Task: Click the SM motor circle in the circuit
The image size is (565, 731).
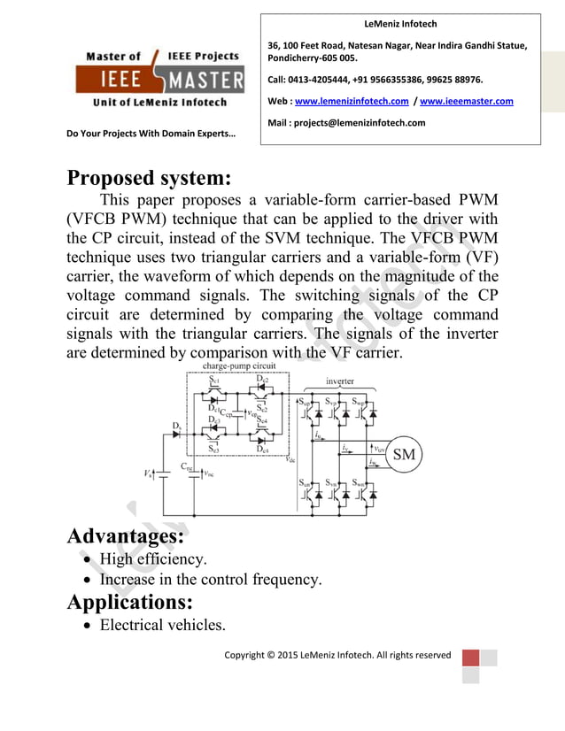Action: (x=404, y=455)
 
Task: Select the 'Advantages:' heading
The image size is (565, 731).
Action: (x=126, y=536)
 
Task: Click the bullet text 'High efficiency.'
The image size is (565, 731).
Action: (x=153, y=559)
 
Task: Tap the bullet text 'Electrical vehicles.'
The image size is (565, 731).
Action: (x=162, y=626)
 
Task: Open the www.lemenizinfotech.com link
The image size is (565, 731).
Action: (x=351, y=102)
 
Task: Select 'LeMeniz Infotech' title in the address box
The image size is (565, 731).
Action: (x=401, y=24)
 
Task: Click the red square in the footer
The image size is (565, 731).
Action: (x=470, y=658)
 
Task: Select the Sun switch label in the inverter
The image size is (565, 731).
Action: (x=304, y=482)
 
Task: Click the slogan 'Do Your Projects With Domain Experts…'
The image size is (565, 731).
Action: (x=151, y=135)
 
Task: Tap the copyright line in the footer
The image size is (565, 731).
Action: (x=337, y=656)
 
